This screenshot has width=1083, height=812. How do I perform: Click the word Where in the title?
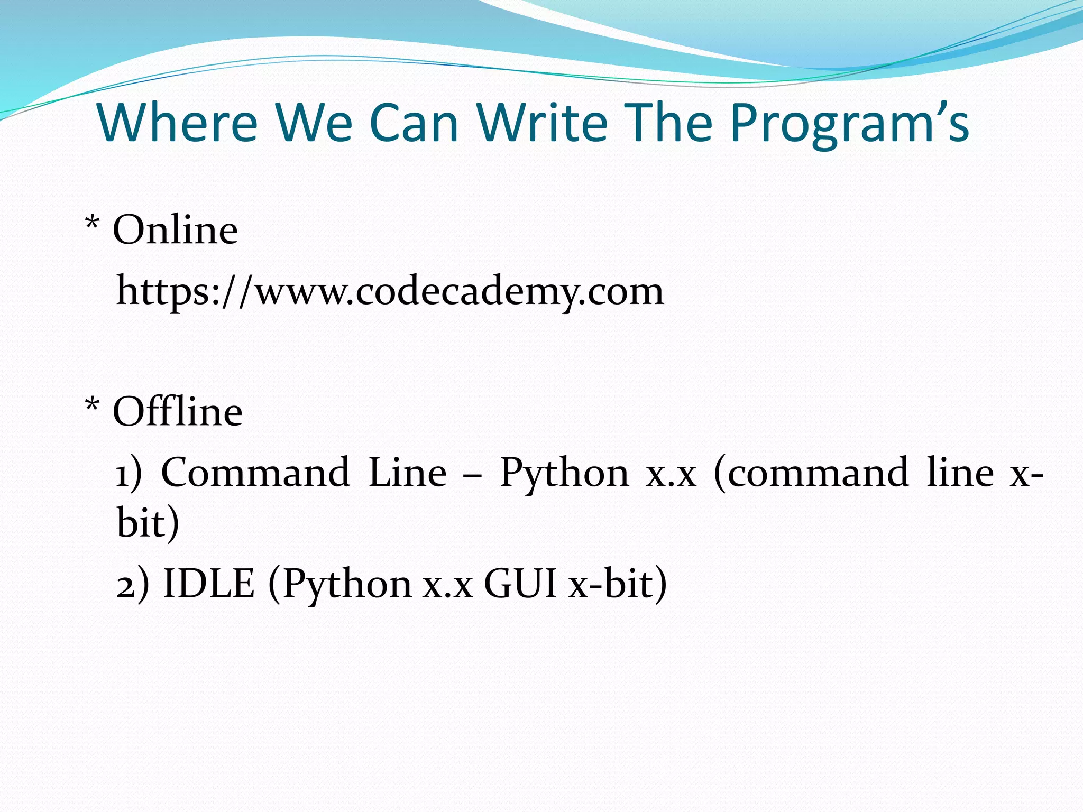pyautogui.click(x=177, y=123)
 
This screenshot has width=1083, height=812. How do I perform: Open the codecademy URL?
pyautogui.click(x=390, y=292)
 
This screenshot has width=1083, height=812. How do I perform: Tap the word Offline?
pyautogui.click(x=177, y=412)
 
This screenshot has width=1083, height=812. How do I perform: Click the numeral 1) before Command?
pyautogui.click(x=129, y=473)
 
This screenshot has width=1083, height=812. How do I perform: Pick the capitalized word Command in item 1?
pyautogui.click(x=255, y=472)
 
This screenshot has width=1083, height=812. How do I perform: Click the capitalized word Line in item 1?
pyautogui.click(x=407, y=472)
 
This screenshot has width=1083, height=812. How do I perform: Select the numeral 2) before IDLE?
pyautogui.click(x=132, y=585)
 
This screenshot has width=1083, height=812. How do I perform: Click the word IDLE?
pyautogui.click(x=209, y=584)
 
